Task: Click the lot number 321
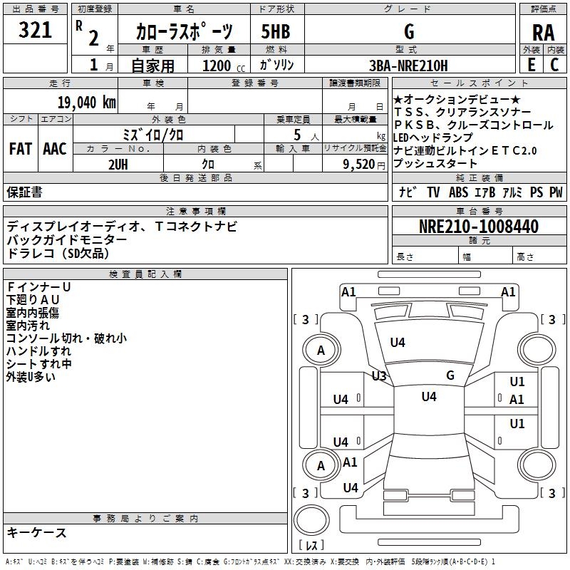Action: [x=35, y=31]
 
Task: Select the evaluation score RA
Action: [x=543, y=32]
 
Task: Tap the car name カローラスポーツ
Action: [x=184, y=32]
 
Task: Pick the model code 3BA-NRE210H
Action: [x=409, y=66]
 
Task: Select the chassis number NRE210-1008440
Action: [x=478, y=227]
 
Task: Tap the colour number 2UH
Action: [x=118, y=164]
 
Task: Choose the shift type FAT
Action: [x=20, y=149]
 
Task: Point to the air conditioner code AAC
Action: [x=55, y=149]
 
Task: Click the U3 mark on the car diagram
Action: [x=378, y=375]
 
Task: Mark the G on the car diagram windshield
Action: [x=450, y=375]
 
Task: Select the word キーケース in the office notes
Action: [x=36, y=532]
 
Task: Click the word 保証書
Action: [x=24, y=192]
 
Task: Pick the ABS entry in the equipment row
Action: [x=458, y=192]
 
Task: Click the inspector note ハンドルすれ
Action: [x=38, y=351]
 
